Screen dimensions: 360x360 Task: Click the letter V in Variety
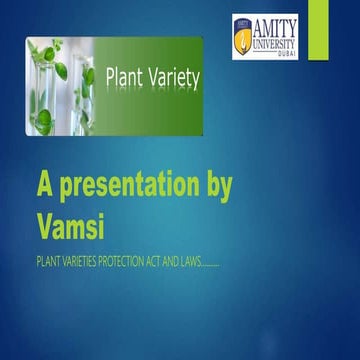(x=148, y=76)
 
